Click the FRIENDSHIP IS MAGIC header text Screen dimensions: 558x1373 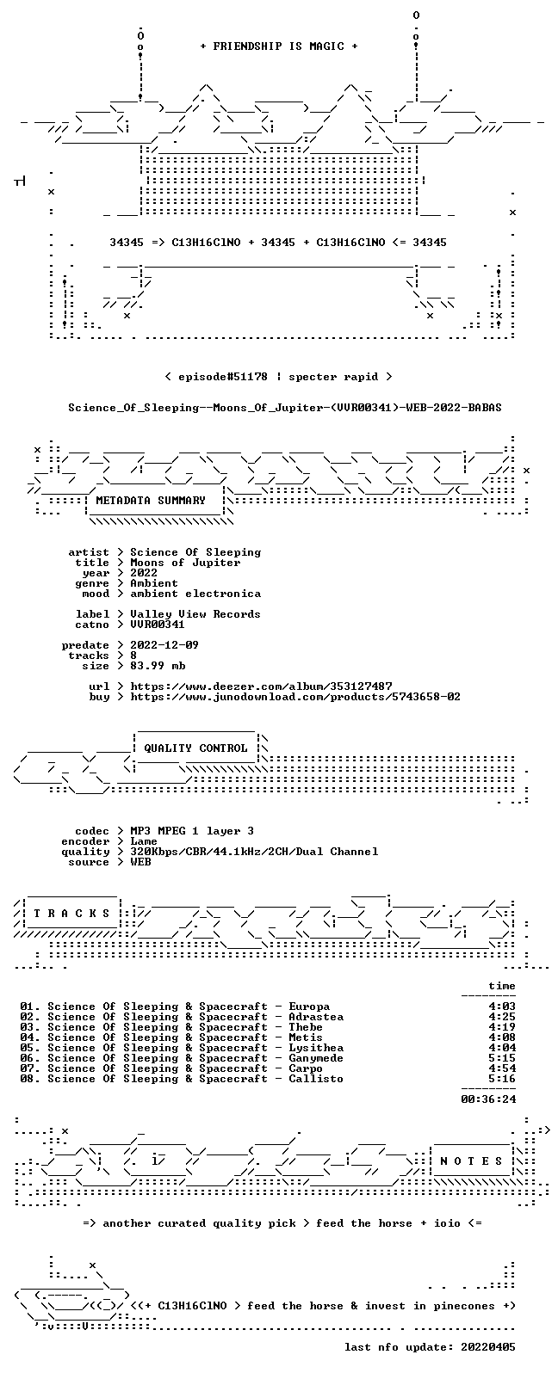tap(279, 46)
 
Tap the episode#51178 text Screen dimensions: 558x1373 tap(223, 376)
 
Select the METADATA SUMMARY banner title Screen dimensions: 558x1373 tap(151, 500)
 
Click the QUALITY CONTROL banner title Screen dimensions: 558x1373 tap(195, 748)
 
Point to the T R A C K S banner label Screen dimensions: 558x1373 tap(71, 914)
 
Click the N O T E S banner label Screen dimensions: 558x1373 tap(471, 1161)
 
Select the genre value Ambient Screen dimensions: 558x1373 tap(154, 583)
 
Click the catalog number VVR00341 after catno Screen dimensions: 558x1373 tap(157, 624)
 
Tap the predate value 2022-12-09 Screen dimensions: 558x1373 tap(164, 645)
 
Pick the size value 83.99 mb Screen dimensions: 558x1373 tap(158, 666)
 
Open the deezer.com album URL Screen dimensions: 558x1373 tap(262, 686)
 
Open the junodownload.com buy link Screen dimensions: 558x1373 tap(295, 696)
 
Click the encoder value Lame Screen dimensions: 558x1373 tap(144, 841)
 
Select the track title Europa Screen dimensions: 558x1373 tap(309, 1007)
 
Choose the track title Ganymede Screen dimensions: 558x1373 tap(316, 1058)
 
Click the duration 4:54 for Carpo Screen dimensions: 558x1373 tap(502, 1068)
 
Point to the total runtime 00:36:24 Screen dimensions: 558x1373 tap(488, 1099)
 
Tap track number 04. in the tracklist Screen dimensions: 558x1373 tap(30, 1037)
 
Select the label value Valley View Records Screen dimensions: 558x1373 tap(195, 613)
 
